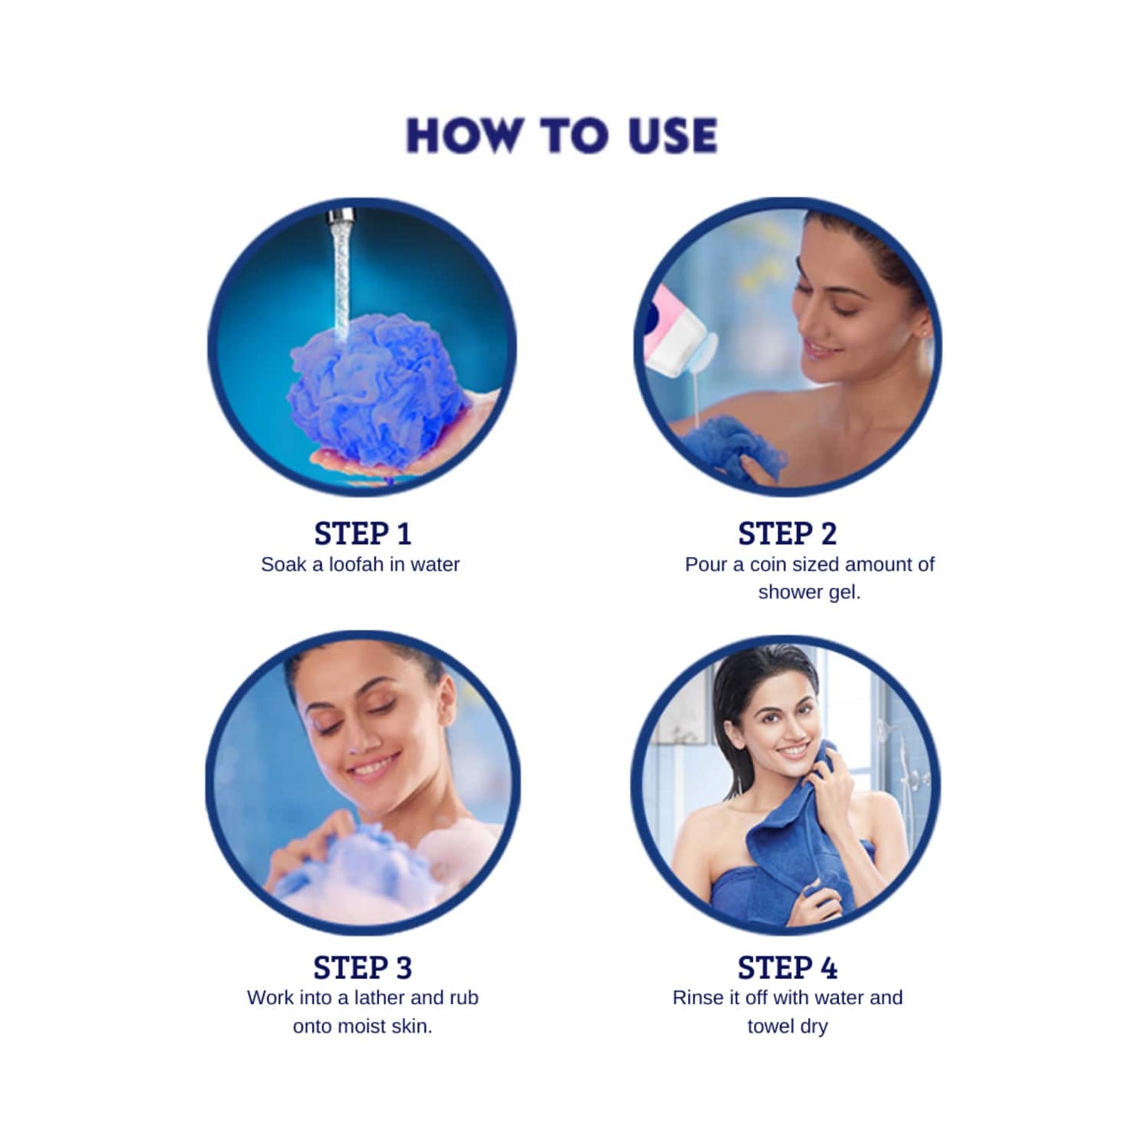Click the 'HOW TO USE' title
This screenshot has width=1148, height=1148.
[x=562, y=135]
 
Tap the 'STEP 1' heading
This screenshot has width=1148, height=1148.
[x=362, y=534]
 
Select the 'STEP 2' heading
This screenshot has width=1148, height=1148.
[x=787, y=534]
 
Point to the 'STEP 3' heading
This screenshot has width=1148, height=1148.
[x=362, y=968]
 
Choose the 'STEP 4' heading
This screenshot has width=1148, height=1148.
[x=787, y=968]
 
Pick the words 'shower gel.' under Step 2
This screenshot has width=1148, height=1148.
[x=809, y=593]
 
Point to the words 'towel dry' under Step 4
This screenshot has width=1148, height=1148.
[x=787, y=1026]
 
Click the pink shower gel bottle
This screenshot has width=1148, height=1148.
[x=671, y=334]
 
